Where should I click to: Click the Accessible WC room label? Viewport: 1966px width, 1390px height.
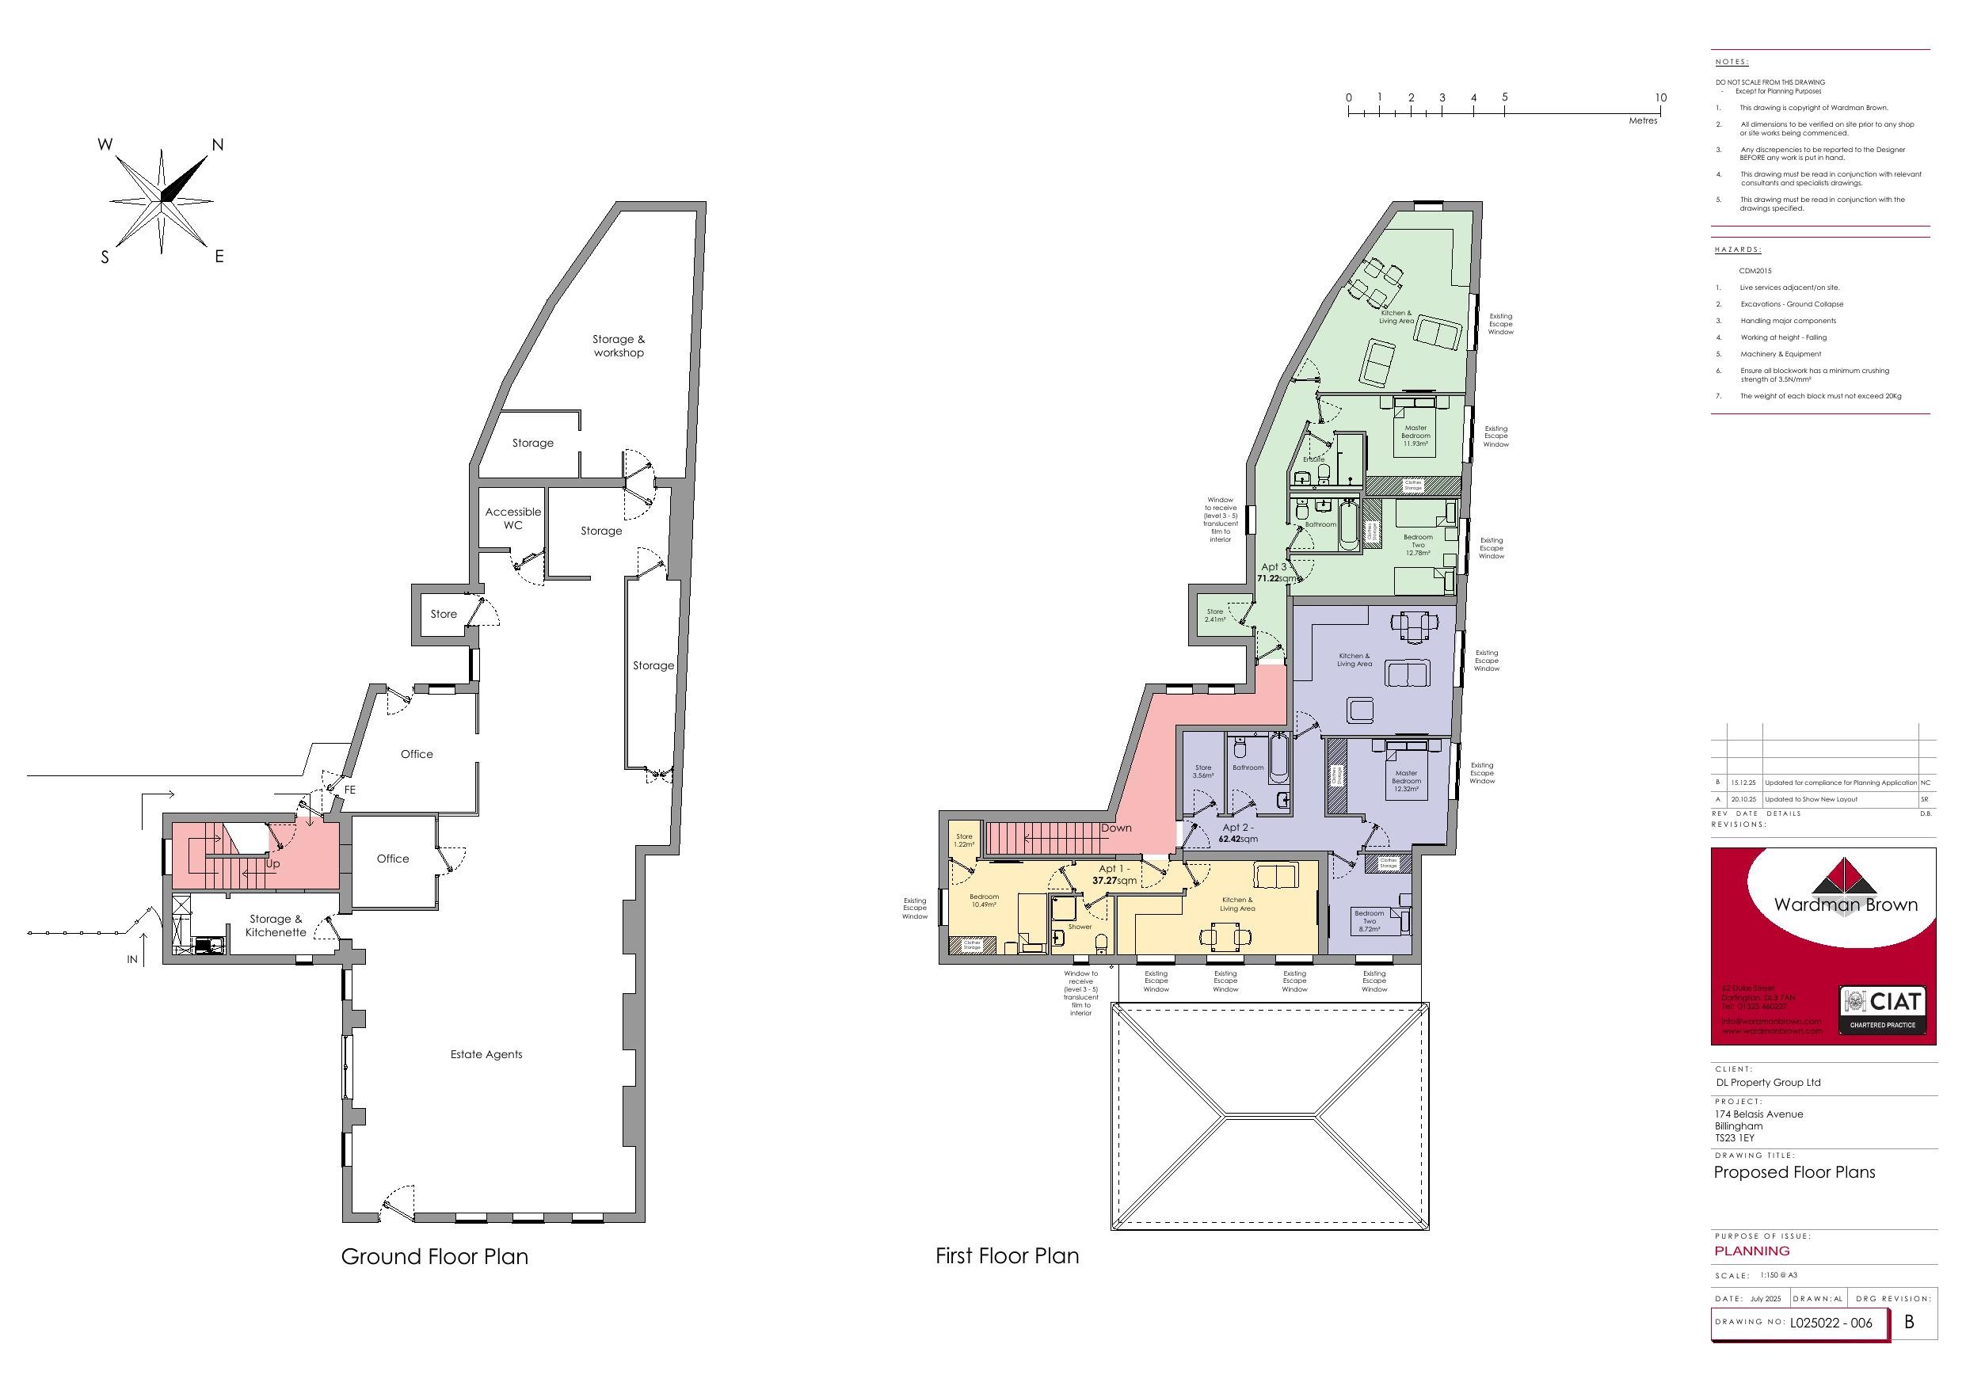[x=513, y=518]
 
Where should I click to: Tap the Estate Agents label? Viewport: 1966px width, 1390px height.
[x=486, y=1054]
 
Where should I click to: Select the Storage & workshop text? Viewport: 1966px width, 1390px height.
[x=618, y=346]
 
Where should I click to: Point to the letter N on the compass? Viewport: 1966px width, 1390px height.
[x=218, y=146]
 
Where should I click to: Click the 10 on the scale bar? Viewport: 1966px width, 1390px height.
[x=1660, y=97]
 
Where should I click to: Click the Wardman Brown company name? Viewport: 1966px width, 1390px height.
[x=1846, y=904]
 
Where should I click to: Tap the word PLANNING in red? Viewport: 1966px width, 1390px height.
[x=1752, y=1251]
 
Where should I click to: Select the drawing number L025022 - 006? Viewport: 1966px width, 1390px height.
[x=1831, y=1323]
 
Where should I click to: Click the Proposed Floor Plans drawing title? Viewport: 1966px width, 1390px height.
[x=1794, y=1172]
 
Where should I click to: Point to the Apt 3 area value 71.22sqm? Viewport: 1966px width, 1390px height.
[x=1276, y=578]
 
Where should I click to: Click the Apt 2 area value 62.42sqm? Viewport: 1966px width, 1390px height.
[x=1237, y=839]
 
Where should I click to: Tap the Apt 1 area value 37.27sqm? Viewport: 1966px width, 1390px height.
[x=1114, y=881]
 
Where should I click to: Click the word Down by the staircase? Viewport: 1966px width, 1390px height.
[x=1116, y=828]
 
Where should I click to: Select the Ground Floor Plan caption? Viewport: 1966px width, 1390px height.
[x=434, y=1256]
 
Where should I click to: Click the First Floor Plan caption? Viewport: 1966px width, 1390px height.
[x=1007, y=1255]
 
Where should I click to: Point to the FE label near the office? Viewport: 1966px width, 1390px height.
[x=349, y=790]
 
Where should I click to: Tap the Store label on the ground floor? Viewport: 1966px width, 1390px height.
[x=444, y=614]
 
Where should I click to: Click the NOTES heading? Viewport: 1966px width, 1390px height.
[x=1732, y=63]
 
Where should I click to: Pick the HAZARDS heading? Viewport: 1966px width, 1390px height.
[x=1737, y=250]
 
